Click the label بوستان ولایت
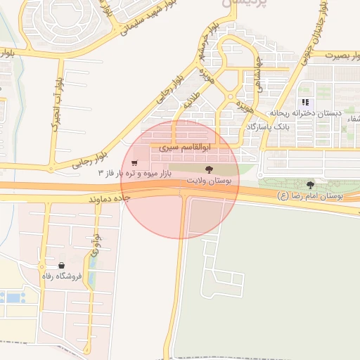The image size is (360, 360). [208, 181]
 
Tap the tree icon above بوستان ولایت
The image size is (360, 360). [208, 169]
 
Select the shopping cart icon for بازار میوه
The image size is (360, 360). [134, 163]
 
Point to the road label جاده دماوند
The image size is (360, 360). [112, 199]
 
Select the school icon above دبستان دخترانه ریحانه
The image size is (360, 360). [305, 102]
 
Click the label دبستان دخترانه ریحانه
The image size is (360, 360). [304, 113]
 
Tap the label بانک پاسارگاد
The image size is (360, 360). [268, 127]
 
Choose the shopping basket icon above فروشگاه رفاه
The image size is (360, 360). [63, 266]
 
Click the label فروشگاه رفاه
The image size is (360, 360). [63, 276]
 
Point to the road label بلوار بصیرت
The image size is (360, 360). [337, 53]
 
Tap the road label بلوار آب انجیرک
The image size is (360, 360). [55, 101]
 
